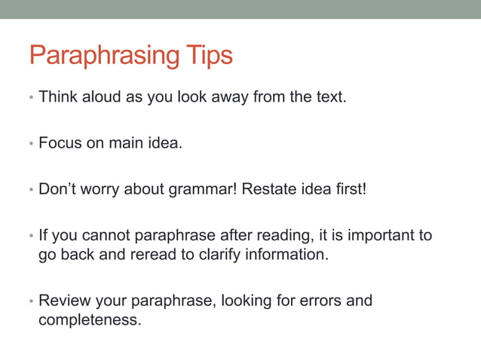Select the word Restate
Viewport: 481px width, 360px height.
tap(268, 187)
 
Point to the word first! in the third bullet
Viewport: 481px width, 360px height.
tap(349, 187)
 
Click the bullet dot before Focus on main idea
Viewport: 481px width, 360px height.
tap(31, 143)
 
